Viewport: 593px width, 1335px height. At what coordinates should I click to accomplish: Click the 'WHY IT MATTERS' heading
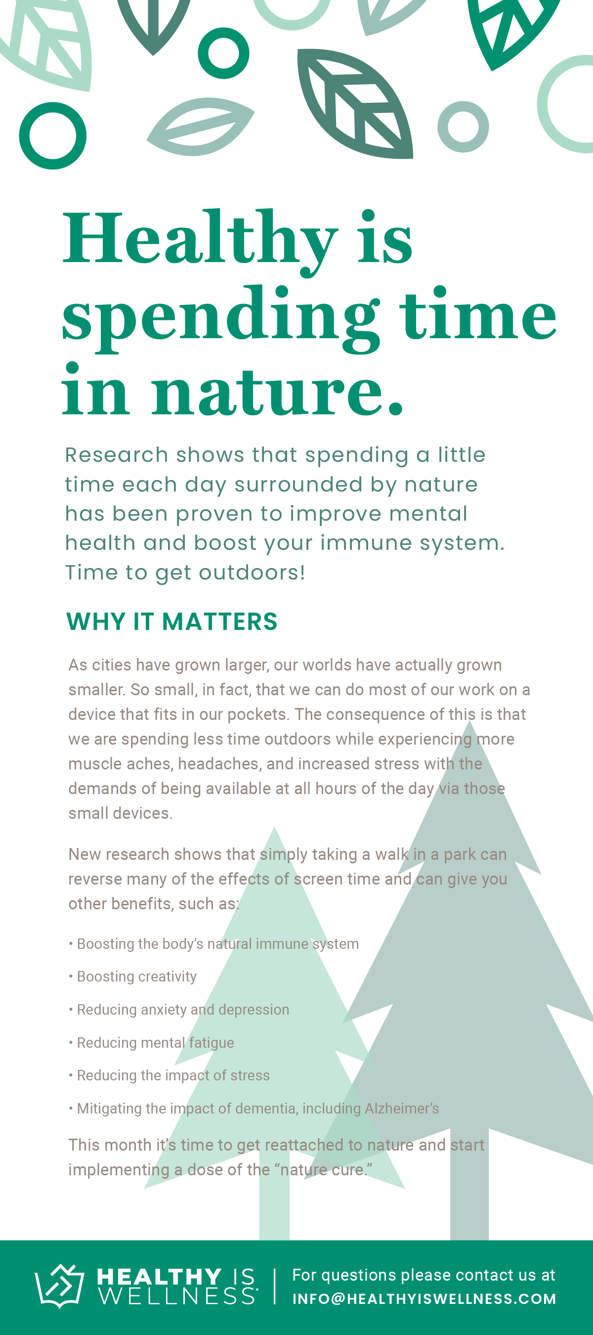point(172,621)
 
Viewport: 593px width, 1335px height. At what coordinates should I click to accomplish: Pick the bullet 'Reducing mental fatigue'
point(151,1042)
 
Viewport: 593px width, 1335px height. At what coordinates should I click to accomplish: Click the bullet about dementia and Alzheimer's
point(254,1108)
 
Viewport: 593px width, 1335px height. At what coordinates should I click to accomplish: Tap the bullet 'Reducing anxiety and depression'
point(179,1009)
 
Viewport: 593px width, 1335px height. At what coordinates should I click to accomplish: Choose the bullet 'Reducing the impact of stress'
point(169,1075)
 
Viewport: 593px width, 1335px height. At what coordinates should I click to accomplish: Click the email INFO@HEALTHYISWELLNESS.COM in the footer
point(424,1298)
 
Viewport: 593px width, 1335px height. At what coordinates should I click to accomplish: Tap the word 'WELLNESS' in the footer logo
point(177,1296)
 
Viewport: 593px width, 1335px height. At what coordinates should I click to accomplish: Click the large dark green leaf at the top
point(355,103)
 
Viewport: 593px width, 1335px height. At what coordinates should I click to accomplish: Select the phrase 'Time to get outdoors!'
point(185,573)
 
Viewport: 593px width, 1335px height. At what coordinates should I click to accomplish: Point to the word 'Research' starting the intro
point(117,454)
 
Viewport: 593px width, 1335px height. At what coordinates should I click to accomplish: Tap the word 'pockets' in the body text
point(257,714)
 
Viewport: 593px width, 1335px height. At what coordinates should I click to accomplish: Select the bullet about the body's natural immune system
point(214,944)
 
